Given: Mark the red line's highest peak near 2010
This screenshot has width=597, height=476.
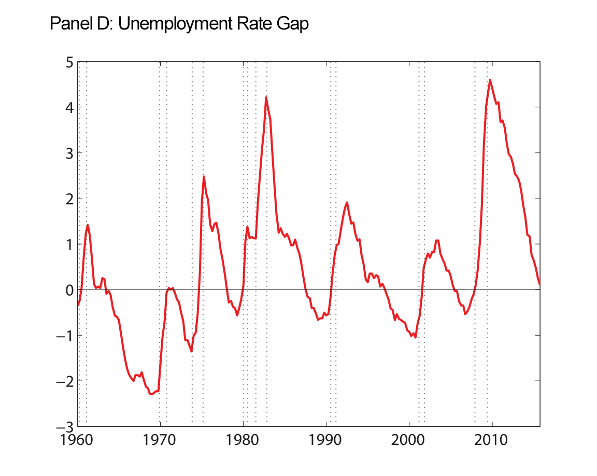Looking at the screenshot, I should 490,80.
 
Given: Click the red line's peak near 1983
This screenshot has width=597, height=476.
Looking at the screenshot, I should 266,97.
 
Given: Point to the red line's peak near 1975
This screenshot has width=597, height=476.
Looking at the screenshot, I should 204,177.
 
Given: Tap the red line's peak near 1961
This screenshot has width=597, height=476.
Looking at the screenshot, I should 88,225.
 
